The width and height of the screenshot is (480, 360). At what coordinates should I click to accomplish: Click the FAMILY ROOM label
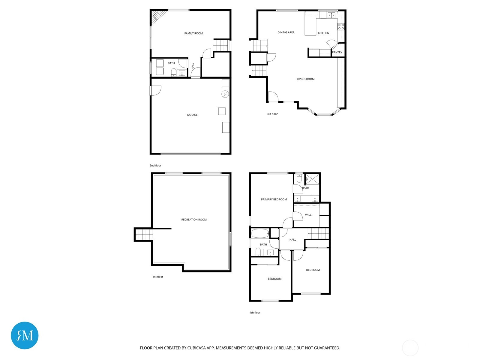coord(193,33)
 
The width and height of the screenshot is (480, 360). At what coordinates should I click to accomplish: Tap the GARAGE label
coord(192,115)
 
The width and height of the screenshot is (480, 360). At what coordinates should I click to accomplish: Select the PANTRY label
coord(337,52)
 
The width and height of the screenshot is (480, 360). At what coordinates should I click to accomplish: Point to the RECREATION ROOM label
coord(194,220)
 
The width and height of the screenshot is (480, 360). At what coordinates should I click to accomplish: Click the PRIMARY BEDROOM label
coord(274,199)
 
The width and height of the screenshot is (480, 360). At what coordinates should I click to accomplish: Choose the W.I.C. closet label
coord(309,215)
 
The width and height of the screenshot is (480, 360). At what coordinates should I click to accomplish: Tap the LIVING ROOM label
coord(305,79)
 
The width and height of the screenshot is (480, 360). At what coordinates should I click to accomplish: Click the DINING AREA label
coord(286,32)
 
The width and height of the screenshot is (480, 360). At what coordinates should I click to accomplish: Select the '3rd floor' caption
coord(272,114)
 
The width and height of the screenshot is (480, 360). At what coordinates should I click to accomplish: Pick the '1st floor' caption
coord(158,277)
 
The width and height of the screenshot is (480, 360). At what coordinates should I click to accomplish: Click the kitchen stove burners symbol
coord(341,27)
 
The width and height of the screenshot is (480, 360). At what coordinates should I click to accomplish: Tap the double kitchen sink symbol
coord(331,15)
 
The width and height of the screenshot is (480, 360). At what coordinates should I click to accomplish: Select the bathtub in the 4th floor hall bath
coord(260,233)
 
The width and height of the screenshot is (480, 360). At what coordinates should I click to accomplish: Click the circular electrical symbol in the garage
coord(225,94)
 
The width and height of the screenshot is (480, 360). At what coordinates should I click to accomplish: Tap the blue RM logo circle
coord(25,335)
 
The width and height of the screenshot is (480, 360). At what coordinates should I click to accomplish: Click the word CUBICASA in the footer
coord(197,348)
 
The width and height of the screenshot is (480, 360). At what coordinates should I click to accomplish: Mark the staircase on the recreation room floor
coord(143,235)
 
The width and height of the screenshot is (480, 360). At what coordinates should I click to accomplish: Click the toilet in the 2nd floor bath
coord(173,72)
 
